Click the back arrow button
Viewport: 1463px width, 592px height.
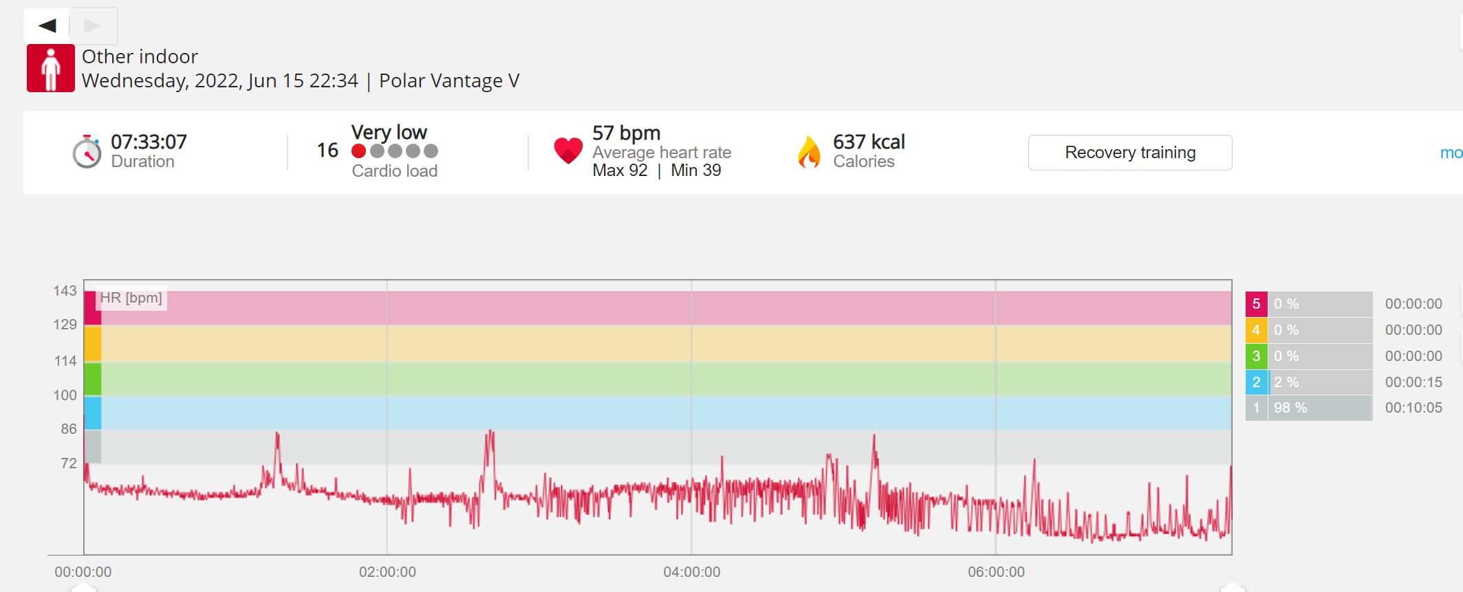pos(47,25)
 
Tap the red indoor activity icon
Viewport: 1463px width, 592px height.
pos(51,68)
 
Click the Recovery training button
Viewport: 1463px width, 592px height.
pos(1130,153)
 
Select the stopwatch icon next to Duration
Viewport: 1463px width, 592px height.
pos(87,151)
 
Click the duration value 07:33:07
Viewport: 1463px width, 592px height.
pos(149,142)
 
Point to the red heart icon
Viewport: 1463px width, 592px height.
pos(568,151)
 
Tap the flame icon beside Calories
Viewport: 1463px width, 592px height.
pos(810,152)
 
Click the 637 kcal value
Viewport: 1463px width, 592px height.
pos(869,142)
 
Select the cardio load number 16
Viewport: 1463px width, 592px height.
pos(327,151)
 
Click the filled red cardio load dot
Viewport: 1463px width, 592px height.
pos(358,151)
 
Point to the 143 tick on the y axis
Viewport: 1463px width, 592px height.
pos(65,291)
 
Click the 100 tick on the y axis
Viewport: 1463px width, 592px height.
pos(65,395)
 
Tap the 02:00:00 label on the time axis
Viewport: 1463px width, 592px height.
pos(387,572)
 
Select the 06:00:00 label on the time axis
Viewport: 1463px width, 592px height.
pos(996,572)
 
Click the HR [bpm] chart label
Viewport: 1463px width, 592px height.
pos(131,298)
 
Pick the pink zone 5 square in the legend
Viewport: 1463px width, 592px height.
pos(1256,304)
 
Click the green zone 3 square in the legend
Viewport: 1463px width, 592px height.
pos(1256,356)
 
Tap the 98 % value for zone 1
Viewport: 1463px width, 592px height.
pos(1290,408)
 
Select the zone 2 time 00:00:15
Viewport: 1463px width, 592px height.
pos(1413,382)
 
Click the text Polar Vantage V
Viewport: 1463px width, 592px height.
pos(449,81)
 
